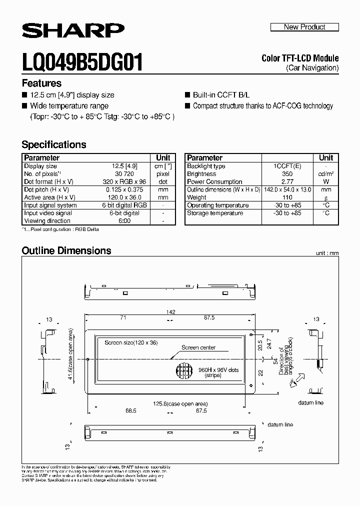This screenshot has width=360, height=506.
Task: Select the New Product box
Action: click(x=304, y=27)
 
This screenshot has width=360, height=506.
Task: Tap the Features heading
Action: click(x=41, y=83)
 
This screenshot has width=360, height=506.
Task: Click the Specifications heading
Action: click(x=54, y=144)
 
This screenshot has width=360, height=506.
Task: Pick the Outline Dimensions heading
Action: click(x=66, y=250)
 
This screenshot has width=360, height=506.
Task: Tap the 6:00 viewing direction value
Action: click(x=125, y=221)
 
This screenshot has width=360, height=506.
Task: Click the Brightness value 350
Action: click(x=287, y=174)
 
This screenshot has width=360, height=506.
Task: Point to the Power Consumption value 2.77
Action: click(x=287, y=182)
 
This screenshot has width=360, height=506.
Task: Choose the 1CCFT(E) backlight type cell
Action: click(x=287, y=166)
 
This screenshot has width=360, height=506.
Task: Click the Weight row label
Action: click(x=196, y=197)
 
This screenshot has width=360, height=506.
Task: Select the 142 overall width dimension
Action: click(x=171, y=312)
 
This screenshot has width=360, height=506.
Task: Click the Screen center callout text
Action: click(x=198, y=347)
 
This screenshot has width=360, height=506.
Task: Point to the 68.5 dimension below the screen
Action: click(x=131, y=410)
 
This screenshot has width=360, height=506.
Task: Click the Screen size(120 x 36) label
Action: click(x=131, y=343)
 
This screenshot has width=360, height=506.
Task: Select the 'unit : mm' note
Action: click(x=327, y=253)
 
